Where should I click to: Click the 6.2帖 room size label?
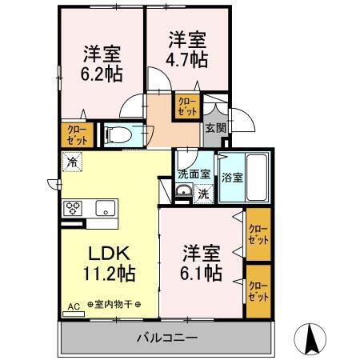click(102, 75)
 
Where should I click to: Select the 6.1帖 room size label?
click(201, 273)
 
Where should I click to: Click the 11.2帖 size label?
click(109, 273)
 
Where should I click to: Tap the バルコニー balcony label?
click(166, 338)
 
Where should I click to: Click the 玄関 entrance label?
click(214, 127)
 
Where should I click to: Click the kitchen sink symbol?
click(105, 210)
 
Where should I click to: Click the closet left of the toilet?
click(71, 134)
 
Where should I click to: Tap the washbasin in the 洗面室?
click(183, 191)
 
